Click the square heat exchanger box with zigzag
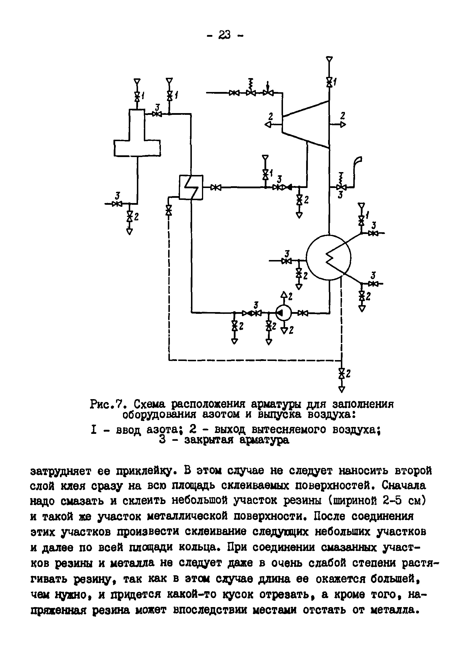(191, 187)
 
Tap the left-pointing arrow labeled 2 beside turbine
(268, 124)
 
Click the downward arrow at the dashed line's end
(342, 389)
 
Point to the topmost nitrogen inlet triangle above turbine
(329, 59)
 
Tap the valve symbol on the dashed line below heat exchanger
(168, 210)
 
